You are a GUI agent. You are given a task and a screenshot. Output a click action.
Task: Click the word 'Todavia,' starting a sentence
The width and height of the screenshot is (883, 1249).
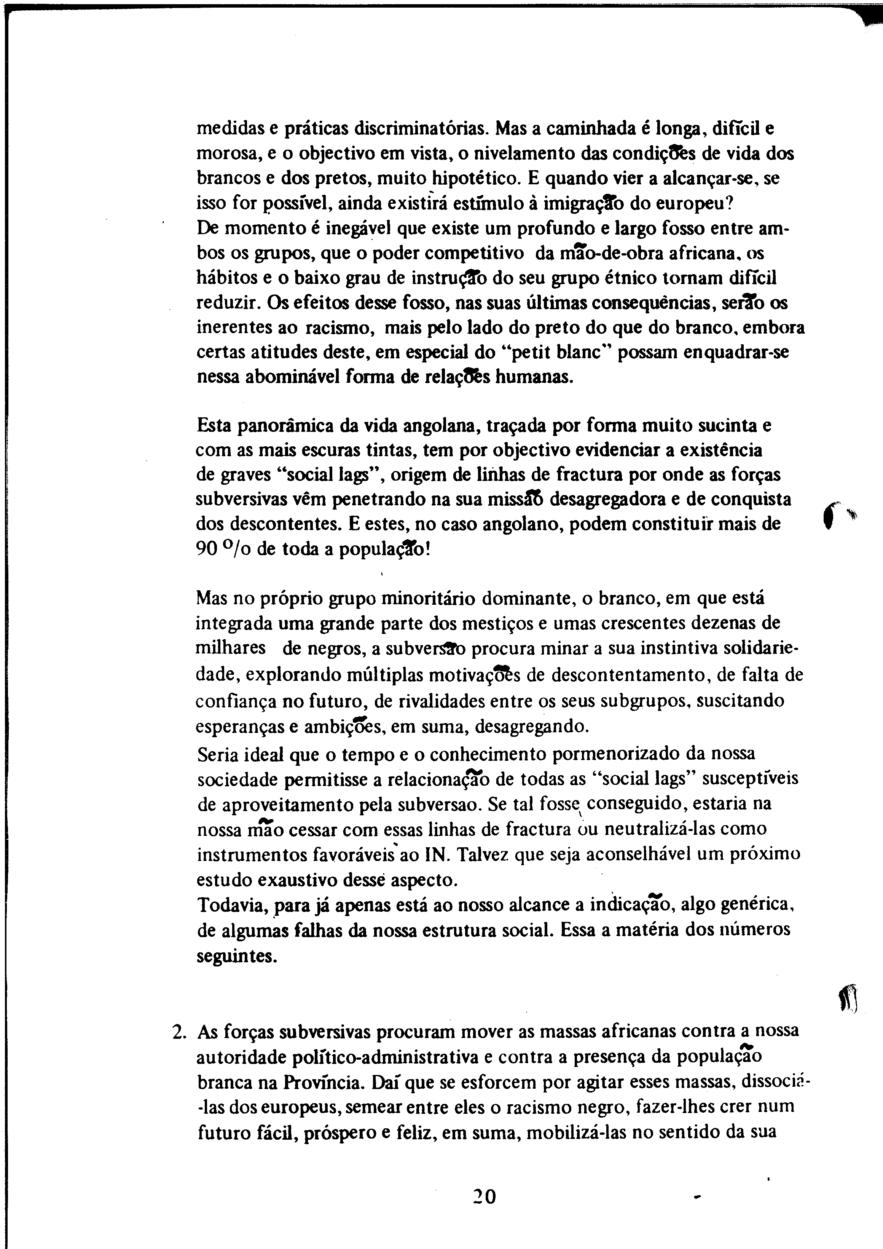232,905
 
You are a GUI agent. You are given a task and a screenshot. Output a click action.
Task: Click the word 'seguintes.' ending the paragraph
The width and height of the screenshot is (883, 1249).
237,955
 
